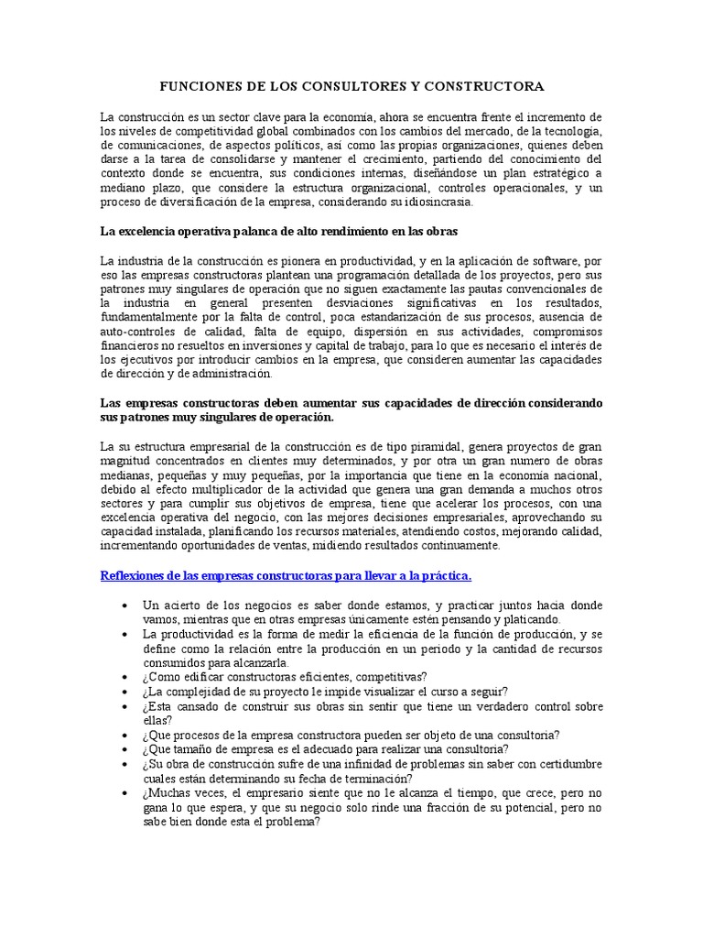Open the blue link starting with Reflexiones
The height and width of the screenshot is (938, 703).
pos(285,575)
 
